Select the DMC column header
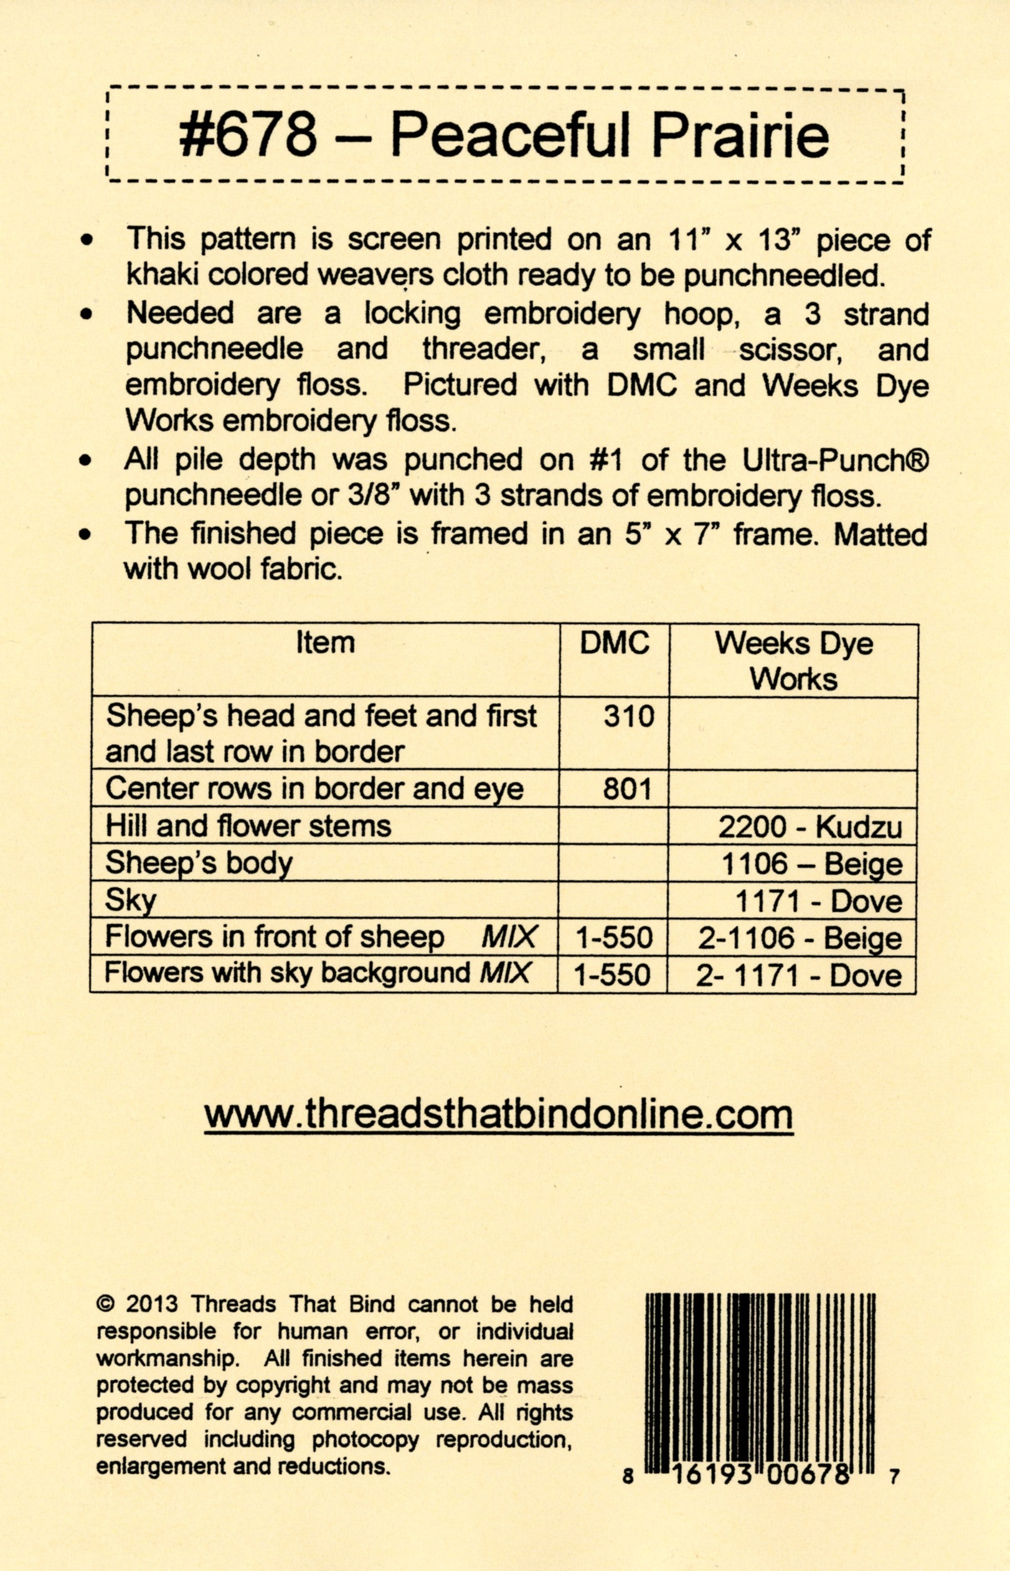click(x=615, y=643)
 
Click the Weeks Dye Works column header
click(x=793, y=661)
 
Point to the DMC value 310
click(x=628, y=715)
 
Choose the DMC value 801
click(x=627, y=789)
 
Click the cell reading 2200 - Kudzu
click(x=810, y=827)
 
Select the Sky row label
click(x=131, y=900)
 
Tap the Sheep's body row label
click(x=199, y=863)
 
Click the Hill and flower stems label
click(x=248, y=826)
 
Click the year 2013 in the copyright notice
click(x=151, y=1304)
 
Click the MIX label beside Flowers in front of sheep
click(x=509, y=937)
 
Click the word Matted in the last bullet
click(x=880, y=534)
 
